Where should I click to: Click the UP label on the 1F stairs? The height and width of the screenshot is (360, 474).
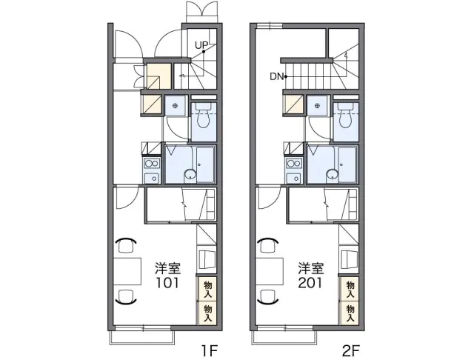(201, 45)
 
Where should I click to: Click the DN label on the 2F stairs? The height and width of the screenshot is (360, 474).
(276, 76)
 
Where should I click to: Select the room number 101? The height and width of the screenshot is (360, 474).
(167, 283)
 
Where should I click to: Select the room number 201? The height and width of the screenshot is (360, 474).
(310, 283)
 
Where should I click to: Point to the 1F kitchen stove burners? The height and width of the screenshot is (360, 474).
(152, 164)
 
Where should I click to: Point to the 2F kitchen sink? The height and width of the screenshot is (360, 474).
(294, 178)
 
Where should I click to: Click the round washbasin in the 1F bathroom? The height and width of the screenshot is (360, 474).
(190, 174)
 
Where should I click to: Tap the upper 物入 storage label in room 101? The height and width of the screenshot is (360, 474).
(207, 289)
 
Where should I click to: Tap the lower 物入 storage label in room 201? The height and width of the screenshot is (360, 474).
(350, 313)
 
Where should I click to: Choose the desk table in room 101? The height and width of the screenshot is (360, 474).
(127, 271)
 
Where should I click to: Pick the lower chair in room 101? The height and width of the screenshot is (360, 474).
(127, 296)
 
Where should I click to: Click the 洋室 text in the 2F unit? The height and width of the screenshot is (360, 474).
(311, 268)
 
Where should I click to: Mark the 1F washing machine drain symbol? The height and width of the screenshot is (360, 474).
(175, 106)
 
